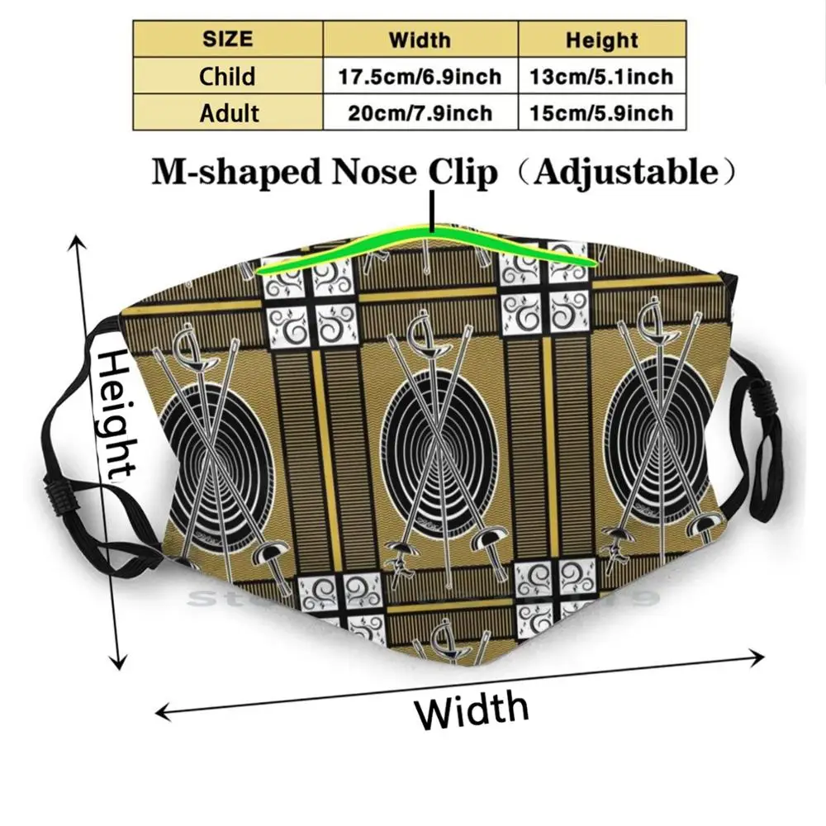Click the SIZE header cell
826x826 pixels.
coord(227,39)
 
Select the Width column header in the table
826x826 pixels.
coord(420,39)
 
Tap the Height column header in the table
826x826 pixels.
coord(601,39)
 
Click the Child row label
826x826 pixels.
coord(227,76)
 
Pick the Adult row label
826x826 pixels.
coord(229,112)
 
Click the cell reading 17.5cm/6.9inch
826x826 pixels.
coord(420,76)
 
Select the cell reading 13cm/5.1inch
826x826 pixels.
coord(602,76)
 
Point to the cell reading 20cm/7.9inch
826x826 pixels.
coord(420,112)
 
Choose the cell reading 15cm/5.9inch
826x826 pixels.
coord(602,112)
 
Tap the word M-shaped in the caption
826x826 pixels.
coord(224,173)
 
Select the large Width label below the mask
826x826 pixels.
coord(471,708)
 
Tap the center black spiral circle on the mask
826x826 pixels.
coord(438,430)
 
